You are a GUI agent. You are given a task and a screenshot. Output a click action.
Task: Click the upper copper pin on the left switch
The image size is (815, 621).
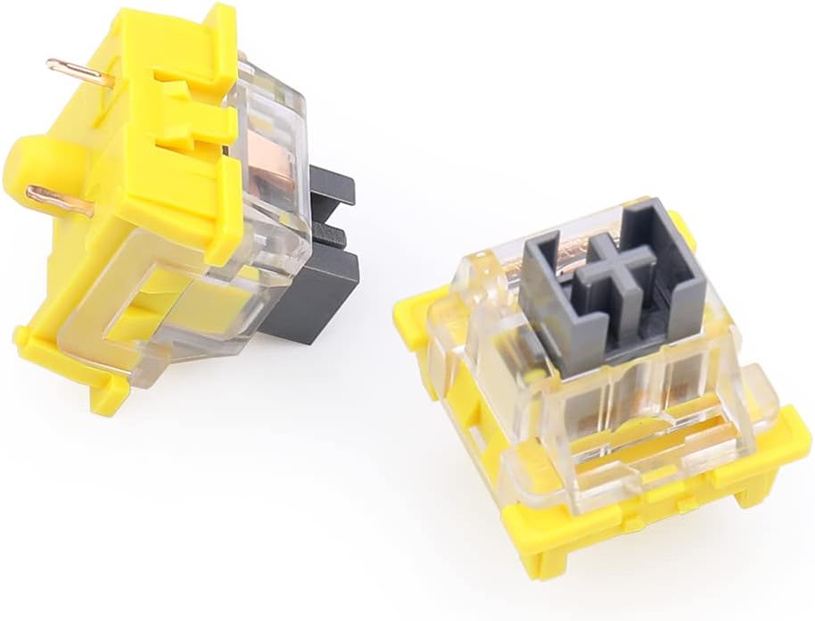pos(78,71)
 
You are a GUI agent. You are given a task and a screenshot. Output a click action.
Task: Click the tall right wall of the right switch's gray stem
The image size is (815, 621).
pos(664,259)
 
